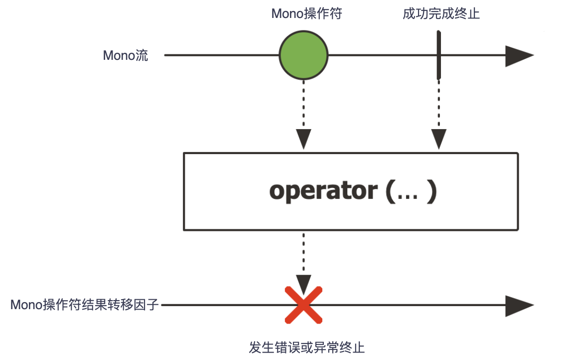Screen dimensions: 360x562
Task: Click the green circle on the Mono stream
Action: click(x=303, y=55)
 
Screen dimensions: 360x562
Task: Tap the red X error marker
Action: click(x=303, y=304)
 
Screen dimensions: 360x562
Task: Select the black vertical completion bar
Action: click(x=438, y=55)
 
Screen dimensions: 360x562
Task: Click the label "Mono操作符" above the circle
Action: click(x=306, y=14)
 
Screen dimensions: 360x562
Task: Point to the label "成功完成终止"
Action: click(x=441, y=14)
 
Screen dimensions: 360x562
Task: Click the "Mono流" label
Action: click(x=126, y=55)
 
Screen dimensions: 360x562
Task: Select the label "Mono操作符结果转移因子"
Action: click(x=85, y=304)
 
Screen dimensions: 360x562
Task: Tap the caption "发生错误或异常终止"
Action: click(x=310, y=347)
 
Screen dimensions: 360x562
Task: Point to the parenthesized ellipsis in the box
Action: click(x=411, y=191)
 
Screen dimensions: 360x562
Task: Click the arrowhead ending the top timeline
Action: click(x=519, y=55)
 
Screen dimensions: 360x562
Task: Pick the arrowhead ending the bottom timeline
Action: click(x=519, y=306)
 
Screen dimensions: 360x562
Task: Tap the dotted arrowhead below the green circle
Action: click(x=303, y=139)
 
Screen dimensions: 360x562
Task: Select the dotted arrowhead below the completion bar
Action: click(x=438, y=139)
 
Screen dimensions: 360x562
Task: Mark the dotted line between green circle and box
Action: click(x=303, y=105)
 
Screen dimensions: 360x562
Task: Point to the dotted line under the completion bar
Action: click(x=438, y=102)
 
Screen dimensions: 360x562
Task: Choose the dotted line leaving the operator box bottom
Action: click(x=303, y=249)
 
